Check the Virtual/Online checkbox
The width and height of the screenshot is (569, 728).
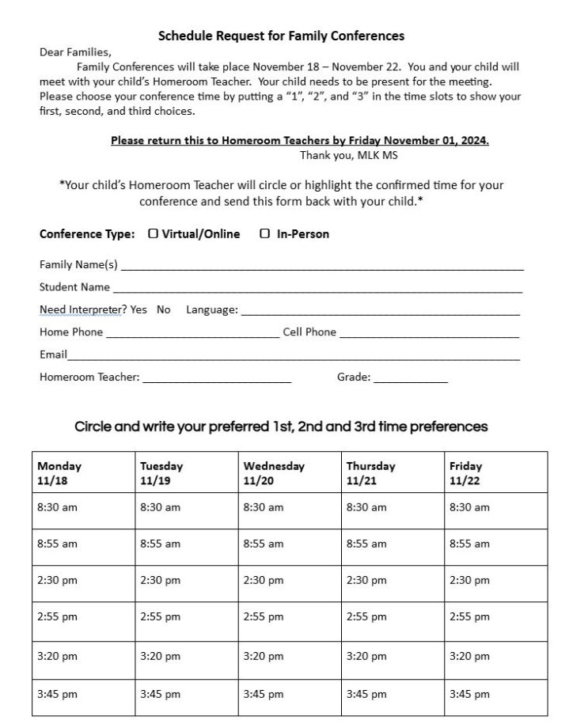tap(154, 233)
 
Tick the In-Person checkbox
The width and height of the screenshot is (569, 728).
tap(265, 233)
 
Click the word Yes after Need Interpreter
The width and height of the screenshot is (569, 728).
tap(138, 309)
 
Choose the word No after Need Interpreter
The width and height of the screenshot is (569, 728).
tap(164, 309)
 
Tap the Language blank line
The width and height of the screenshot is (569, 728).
tap(380, 312)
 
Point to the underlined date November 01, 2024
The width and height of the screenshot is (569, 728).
tap(442, 141)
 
